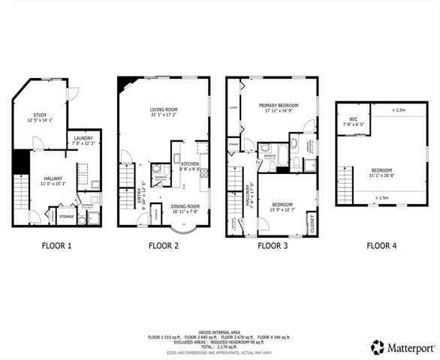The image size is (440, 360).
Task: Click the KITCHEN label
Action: click(x=189, y=163)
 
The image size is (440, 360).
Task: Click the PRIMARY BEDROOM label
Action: click(x=279, y=105)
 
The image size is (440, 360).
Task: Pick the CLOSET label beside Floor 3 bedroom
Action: click(x=312, y=223)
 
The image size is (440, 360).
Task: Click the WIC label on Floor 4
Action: click(x=352, y=120)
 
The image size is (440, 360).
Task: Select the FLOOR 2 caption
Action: click(x=163, y=245)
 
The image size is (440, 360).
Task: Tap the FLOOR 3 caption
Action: click(x=273, y=245)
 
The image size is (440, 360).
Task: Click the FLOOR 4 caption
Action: click(x=381, y=245)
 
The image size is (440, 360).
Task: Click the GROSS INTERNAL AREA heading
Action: click(x=220, y=331)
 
